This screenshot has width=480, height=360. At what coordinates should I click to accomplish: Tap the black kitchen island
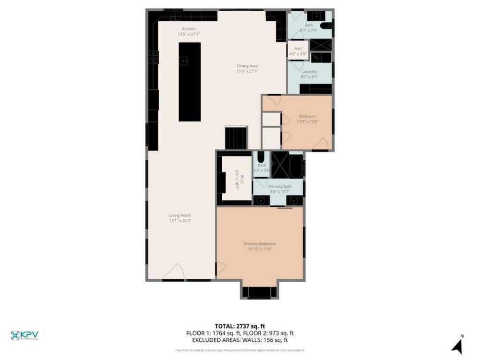click(x=189, y=82)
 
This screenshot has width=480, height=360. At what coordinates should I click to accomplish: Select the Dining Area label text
click(x=247, y=66)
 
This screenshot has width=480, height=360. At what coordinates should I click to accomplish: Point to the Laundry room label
click(x=309, y=72)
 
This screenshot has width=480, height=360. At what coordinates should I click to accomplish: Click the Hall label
click(x=298, y=49)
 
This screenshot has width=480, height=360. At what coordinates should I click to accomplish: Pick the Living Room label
click(x=180, y=216)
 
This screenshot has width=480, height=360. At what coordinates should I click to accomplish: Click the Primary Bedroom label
click(x=260, y=244)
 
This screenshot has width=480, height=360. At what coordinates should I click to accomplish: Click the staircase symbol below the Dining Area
click(x=236, y=138)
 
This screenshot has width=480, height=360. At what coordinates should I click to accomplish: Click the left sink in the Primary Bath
click(x=261, y=201)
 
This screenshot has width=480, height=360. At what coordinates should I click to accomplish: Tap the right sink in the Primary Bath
click(x=293, y=201)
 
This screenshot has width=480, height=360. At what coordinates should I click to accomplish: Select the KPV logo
click(x=24, y=335)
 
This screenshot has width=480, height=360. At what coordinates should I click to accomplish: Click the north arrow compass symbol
click(x=457, y=345)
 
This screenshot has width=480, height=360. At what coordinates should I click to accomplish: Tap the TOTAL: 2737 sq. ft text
click(x=240, y=326)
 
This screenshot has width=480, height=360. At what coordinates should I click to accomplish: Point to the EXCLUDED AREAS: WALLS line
click(x=240, y=340)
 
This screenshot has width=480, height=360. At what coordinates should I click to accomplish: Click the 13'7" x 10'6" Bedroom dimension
click(x=307, y=121)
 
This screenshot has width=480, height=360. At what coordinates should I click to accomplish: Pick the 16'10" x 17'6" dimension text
click(x=260, y=249)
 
